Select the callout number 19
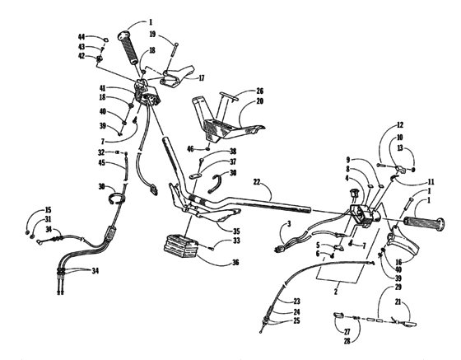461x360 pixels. [x=153, y=35]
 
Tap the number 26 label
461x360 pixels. [x=259, y=91]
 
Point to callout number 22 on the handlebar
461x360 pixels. [x=257, y=180]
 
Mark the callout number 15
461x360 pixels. [x=48, y=210]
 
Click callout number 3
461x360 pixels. [x=290, y=224]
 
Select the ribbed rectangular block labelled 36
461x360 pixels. [x=187, y=246]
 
